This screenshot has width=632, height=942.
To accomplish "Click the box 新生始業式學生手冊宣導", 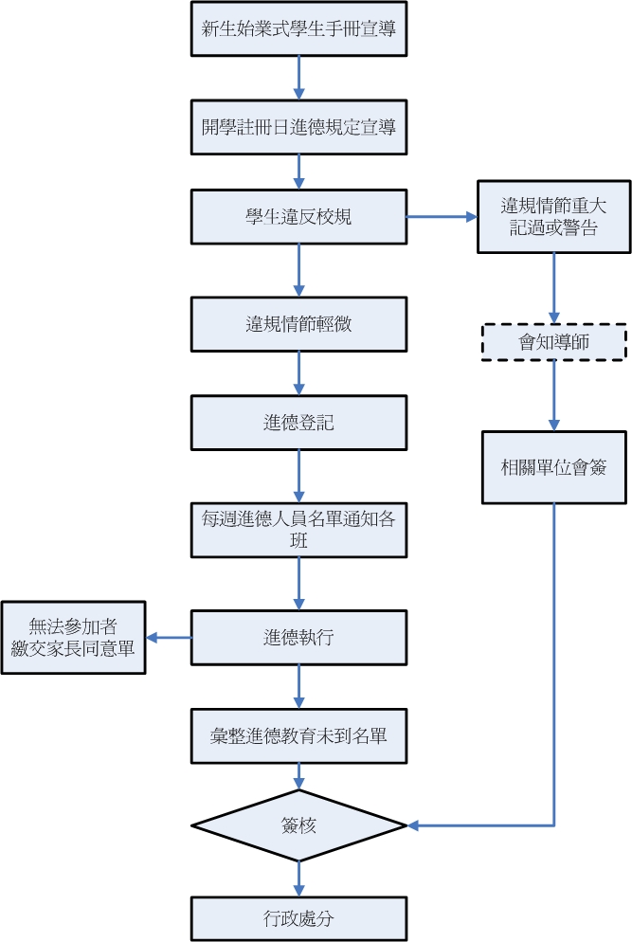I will tap(298, 28).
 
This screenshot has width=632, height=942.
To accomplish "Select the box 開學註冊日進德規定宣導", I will tap(298, 127).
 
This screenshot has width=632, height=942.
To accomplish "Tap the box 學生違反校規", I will tap(298, 217).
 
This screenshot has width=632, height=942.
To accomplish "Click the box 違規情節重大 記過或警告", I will tap(553, 217).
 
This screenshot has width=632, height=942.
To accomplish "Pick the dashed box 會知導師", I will tap(553, 342).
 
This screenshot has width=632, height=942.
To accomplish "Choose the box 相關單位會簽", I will tap(553, 467).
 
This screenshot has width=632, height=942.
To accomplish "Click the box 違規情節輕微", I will tap(298, 324).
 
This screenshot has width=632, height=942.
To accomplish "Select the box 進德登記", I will tap(298, 423).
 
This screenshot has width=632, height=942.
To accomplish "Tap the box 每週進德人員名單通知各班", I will tap(298, 529).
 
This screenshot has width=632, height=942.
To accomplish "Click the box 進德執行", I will tap(298, 638).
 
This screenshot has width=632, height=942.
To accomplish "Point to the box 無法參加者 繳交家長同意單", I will tap(74, 638).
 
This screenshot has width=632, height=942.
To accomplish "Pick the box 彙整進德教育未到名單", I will tap(298, 735).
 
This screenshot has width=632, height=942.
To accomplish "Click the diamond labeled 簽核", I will tap(298, 825).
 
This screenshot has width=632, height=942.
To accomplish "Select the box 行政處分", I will tap(298, 918).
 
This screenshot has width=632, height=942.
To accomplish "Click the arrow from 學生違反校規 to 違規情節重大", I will tap(442, 217).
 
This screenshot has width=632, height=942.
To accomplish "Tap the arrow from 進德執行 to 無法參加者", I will tap(169, 638).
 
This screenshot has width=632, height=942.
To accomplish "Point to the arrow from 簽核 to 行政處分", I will tap(298, 879).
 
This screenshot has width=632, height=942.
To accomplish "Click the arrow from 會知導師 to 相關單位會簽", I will tap(553, 396).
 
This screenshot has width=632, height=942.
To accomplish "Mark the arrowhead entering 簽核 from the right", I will tap(415, 825).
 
